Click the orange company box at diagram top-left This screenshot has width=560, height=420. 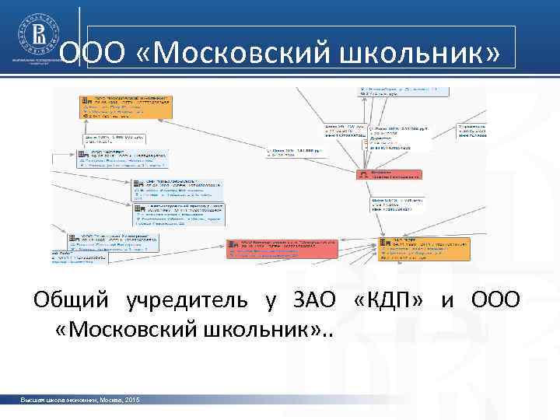124,107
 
